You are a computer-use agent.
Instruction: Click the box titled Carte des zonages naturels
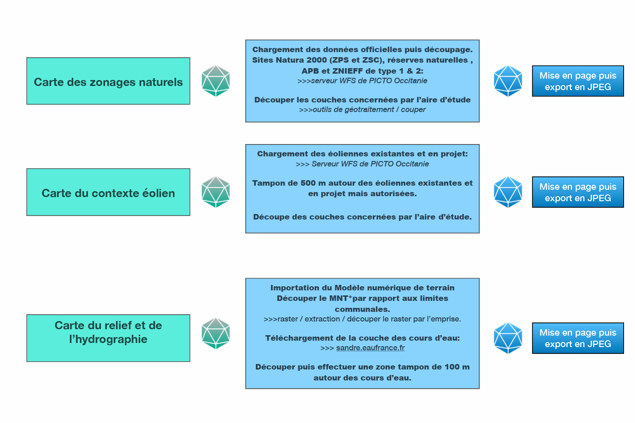108,81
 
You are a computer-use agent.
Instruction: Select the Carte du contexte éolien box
108,193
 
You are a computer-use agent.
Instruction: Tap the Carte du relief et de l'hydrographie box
108,338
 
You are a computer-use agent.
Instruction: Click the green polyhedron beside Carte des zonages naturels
216,81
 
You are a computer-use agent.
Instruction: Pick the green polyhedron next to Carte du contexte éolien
216,192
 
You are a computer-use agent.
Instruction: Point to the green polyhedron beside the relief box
216,333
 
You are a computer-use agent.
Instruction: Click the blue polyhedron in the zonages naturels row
508,81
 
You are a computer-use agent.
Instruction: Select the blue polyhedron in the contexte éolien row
508,192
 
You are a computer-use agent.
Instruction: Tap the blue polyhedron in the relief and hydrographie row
508,338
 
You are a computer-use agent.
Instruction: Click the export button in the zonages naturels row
578,81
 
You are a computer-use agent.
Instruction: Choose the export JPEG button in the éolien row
578,192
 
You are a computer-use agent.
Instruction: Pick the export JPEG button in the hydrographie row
578,338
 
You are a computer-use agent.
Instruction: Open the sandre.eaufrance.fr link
370,348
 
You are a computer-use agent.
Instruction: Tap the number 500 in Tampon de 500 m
308,183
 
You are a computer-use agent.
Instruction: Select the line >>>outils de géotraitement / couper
362,110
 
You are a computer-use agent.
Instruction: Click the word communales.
362,309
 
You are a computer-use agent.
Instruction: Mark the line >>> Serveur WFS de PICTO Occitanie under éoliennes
362,164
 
